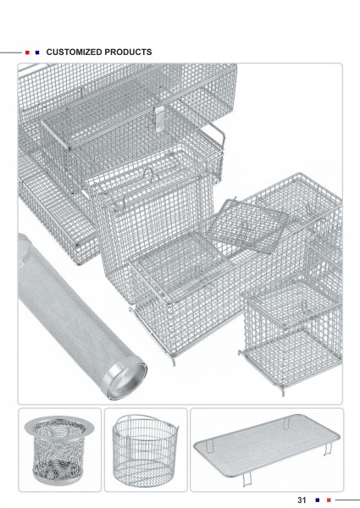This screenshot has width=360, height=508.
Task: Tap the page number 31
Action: pyautogui.click(x=302, y=500)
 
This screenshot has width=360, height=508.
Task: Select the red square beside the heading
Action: pyautogui.click(x=27, y=52)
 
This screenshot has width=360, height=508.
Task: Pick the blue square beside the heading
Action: pyautogui.click(x=37, y=52)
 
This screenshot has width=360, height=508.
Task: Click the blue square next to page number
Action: pyautogui.click(x=318, y=500)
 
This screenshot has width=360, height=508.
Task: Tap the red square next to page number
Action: pyautogui.click(x=329, y=500)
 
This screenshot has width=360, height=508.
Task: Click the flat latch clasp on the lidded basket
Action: pyautogui.click(x=158, y=119)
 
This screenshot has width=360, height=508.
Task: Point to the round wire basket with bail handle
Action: pyautogui.click(x=145, y=450)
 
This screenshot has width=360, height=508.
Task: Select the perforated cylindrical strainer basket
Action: pyautogui.click(x=59, y=450)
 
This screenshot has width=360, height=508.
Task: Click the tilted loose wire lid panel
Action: pyautogui.click(x=246, y=226)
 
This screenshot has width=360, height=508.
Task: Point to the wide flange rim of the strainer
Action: pyautogui.click(x=59, y=425)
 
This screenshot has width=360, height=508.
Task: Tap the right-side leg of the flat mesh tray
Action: pyautogui.click(x=329, y=449)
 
